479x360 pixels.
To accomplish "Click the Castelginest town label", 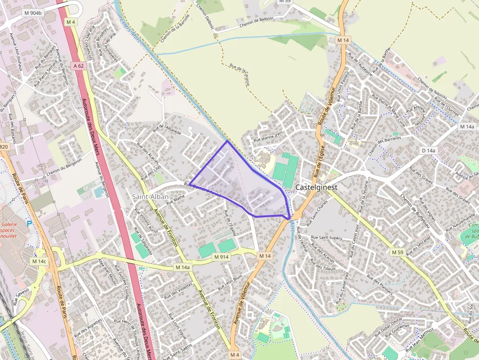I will (316, 187).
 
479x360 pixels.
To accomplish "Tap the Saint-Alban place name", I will (150, 197).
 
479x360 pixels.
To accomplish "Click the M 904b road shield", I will (33, 14).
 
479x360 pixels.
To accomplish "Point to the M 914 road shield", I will (221, 257).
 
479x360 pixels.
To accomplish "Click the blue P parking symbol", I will (29, 224).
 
